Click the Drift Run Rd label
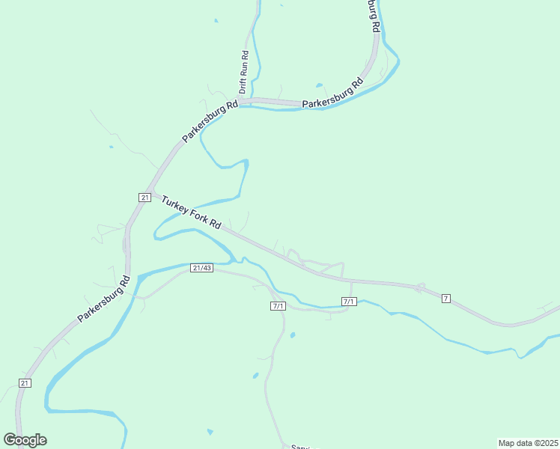pos(244,72)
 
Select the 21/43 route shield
pos(202,267)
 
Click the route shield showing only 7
pos(446,299)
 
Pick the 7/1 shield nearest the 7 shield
pos(349,302)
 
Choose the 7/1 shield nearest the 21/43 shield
pos(278,306)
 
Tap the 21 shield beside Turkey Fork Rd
pos(144,197)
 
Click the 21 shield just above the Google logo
pos(25,383)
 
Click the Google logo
pos(25,440)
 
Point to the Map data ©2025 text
pos(527,443)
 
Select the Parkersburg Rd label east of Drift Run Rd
pos(332,94)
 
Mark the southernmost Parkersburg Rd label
pos(103,299)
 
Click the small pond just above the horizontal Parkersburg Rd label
pos(320,85)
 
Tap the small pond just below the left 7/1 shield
pos(292,335)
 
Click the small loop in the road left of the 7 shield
pos(420,287)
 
